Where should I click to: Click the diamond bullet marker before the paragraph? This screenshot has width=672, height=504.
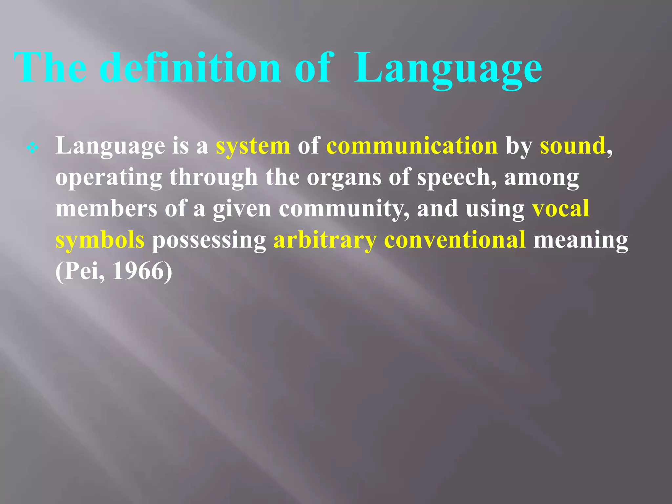pyautogui.click(x=32, y=148)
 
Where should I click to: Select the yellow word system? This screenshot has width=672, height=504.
pyautogui.click(x=253, y=146)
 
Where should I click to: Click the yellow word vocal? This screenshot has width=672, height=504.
pyautogui.click(x=560, y=208)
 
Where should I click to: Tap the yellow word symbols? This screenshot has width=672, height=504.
pyautogui.click(x=100, y=240)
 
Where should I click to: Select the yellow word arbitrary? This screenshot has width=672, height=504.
pyautogui.click(x=325, y=240)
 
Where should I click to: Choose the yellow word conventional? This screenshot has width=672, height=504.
pyautogui.click(x=455, y=240)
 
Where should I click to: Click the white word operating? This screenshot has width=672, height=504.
pyautogui.click(x=109, y=178)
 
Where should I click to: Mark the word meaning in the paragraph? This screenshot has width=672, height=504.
pyautogui.click(x=580, y=240)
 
